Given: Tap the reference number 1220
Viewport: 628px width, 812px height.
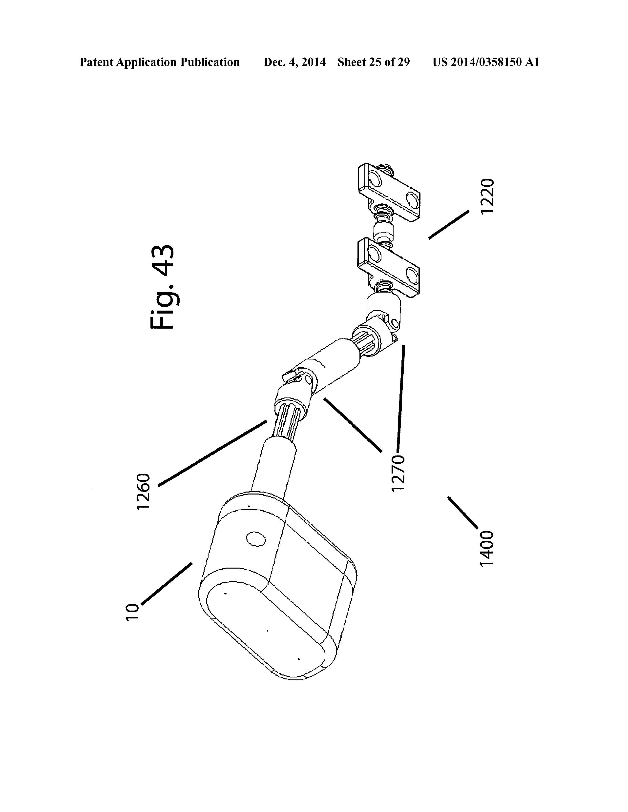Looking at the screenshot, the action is pyautogui.click(x=487, y=196).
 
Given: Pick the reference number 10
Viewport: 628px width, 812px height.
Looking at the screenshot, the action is pyautogui.click(x=132, y=612).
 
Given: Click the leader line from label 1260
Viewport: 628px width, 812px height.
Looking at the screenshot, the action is pyautogui.click(x=213, y=453).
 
